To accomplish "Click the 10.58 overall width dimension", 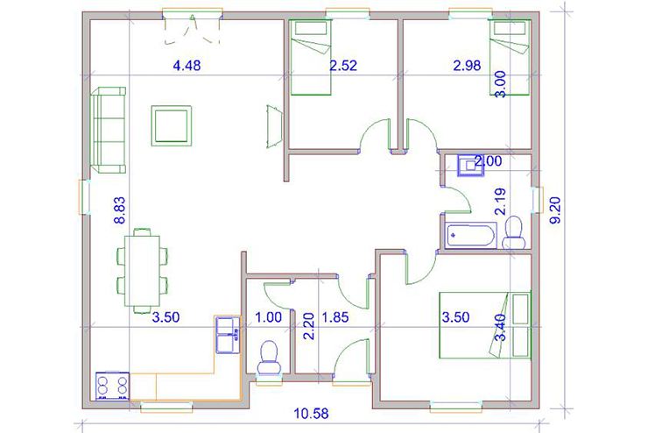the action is [311, 413].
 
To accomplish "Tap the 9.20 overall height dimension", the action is [556, 210].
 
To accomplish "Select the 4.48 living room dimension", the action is [187, 66].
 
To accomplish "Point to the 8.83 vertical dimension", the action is [119, 210].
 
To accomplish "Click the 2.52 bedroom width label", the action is [343, 66].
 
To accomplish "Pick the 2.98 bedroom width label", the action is [467, 66].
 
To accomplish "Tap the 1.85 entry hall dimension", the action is [335, 317].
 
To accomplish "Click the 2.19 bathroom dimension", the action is [500, 202].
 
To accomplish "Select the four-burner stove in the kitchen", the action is [112, 387].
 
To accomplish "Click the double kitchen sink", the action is [228, 335].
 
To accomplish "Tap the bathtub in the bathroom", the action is [471, 235].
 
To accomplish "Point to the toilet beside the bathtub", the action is [514, 232].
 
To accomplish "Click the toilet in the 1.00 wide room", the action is [269, 357].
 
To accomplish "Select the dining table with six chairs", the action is [142, 271].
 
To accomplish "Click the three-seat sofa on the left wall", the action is [108, 130].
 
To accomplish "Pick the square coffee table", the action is [171, 125].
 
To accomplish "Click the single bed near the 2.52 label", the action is [311, 58].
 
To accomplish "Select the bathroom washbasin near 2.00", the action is [470, 166].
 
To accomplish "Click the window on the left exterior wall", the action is [85, 197].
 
